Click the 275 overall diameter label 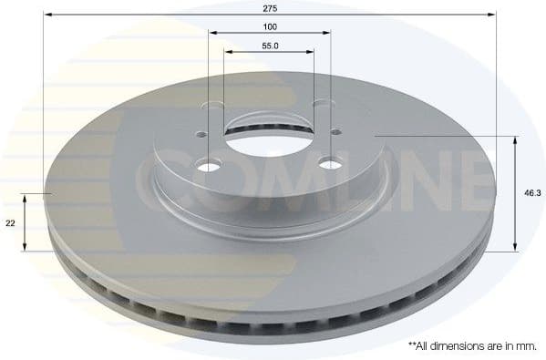[270, 6]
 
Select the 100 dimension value [270, 26]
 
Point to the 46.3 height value [530, 193]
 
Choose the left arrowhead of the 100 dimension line [213, 35]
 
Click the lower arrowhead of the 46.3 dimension [517, 246]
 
